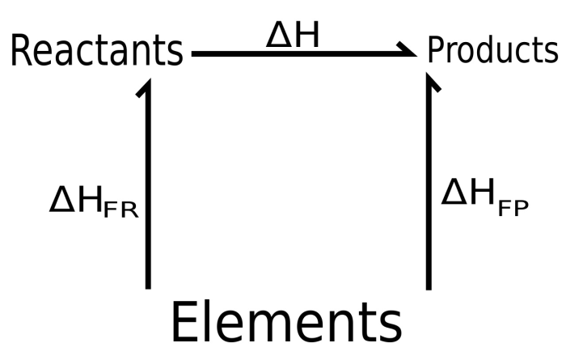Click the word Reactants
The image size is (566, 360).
[x=96, y=52]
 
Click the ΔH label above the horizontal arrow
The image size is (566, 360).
[x=292, y=34]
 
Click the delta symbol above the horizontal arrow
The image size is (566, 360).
[x=277, y=34]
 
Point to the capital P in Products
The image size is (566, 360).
[x=434, y=50]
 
